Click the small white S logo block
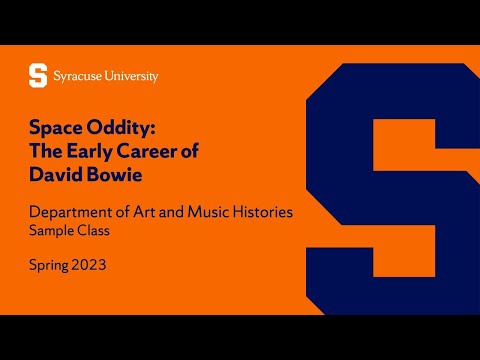pos(38,75)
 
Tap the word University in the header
pos(133,75)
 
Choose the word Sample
pos(49,232)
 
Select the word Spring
pos(50,268)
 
